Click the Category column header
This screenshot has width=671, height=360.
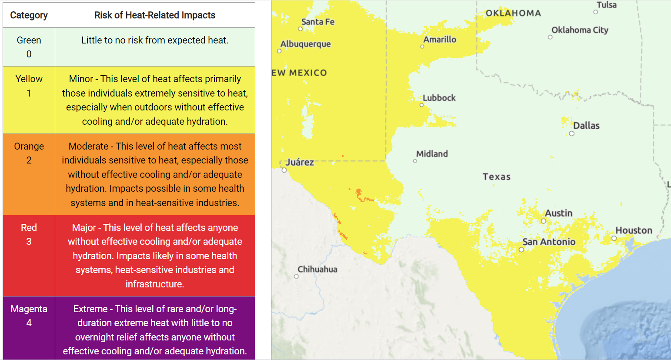(x=29, y=15)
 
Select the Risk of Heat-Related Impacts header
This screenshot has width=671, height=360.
(x=155, y=15)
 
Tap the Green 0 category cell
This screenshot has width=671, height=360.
(x=29, y=47)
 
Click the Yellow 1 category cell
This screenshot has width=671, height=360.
(x=29, y=86)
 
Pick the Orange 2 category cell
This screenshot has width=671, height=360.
(x=29, y=153)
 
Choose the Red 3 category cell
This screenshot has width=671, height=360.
(x=29, y=234)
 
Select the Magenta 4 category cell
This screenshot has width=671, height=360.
(x=29, y=316)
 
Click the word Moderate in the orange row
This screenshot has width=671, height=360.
(x=88, y=147)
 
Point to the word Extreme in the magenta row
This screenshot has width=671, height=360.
(x=90, y=309)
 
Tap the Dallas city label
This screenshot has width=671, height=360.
(x=586, y=126)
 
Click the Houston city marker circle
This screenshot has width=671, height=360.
(x=614, y=238)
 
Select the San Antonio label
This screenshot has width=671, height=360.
(x=549, y=242)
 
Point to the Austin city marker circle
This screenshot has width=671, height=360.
(x=543, y=221)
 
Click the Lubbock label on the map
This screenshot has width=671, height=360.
(x=439, y=98)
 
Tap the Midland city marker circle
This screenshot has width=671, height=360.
(x=415, y=161)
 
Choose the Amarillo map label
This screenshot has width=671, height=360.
(x=440, y=40)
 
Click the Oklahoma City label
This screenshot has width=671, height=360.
(x=580, y=30)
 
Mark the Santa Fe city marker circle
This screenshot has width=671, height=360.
(x=300, y=29)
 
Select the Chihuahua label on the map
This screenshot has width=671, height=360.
(x=317, y=269)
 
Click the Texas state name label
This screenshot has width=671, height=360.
(x=497, y=177)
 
